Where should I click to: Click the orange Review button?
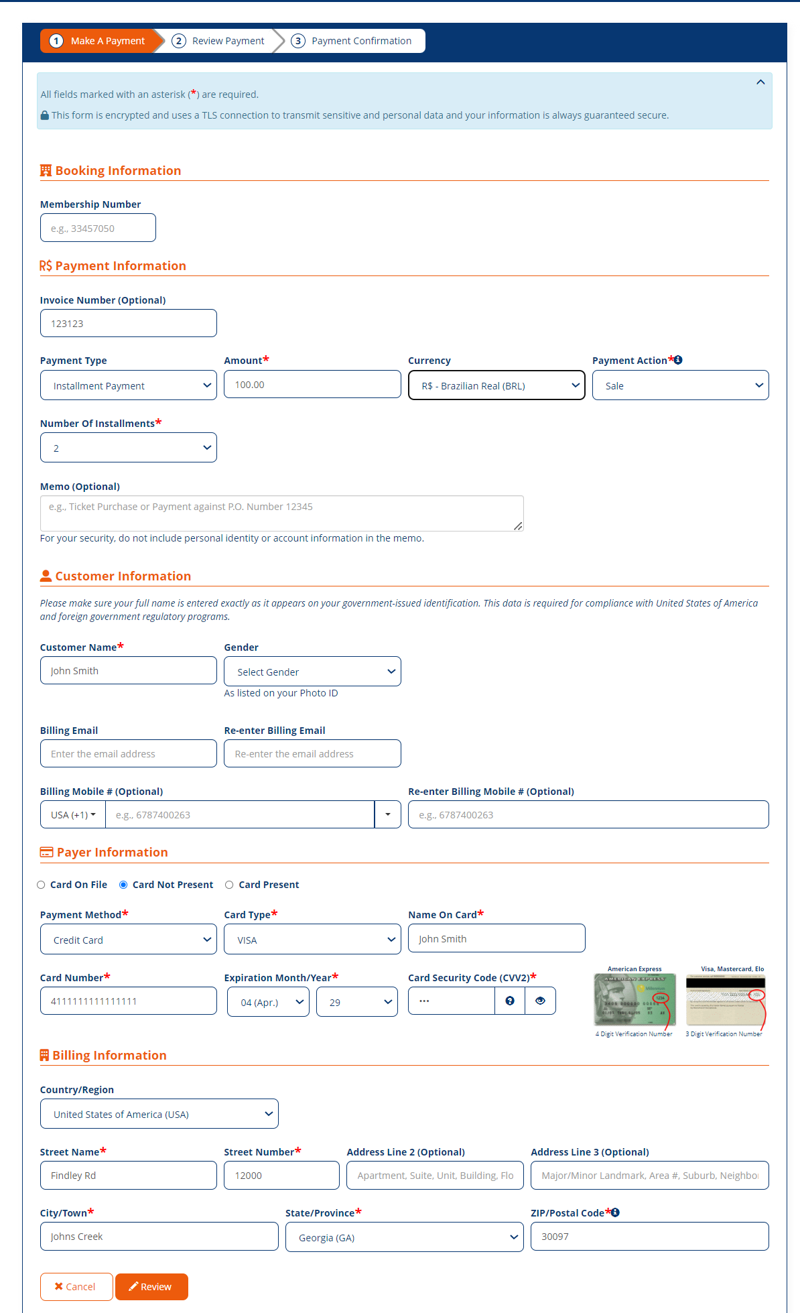click(x=151, y=1286)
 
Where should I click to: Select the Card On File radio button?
click(x=42, y=885)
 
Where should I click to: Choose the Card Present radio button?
click(x=229, y=885)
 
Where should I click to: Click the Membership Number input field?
click(x=98, y=228)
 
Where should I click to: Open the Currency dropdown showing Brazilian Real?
click(x=496, y=385)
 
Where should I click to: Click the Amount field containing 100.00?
click(x=312, y=385)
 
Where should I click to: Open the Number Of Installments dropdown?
click(x=128, y=448)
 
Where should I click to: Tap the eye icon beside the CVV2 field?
click(x=540, y=1001)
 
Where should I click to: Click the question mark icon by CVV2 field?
click(x=510, y=1001)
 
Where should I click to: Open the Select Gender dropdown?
click(x=312, y=672)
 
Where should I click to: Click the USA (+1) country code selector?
click(x=73, y=814)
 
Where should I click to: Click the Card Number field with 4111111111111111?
click(x=128, y=1001)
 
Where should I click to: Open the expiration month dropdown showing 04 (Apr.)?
click(x=268, y=1002)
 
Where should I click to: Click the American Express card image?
click(x=635, y=1000)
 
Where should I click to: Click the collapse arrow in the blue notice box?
click(x=760, y=82)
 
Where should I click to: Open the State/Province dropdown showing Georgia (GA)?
click(x=404, y=1237)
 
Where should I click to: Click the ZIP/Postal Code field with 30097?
click(x=649, y=1236)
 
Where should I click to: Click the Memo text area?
click(x=281, y=513)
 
